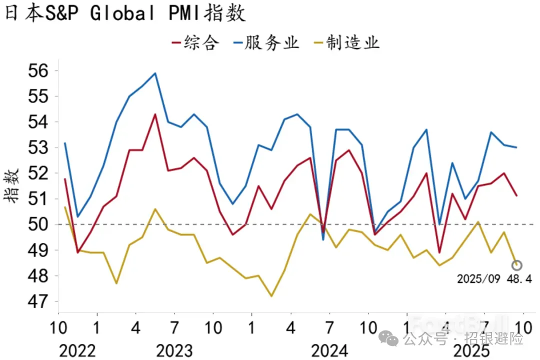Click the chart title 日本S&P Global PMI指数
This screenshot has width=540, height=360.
[x=125, y=13]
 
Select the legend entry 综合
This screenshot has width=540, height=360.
[x=195, y=42]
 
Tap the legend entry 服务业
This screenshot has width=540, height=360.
[x=266, y=42]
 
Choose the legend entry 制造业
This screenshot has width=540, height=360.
[x=345, y=42]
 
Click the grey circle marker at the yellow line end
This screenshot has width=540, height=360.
[x=516, y=265]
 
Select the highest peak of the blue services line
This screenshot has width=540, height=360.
[x=155, y=73]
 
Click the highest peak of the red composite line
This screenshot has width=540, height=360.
[x=155, y=114]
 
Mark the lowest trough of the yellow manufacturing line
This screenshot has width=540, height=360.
[x=271, y=296]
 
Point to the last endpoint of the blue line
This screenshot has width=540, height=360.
[x=516, y=147]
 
